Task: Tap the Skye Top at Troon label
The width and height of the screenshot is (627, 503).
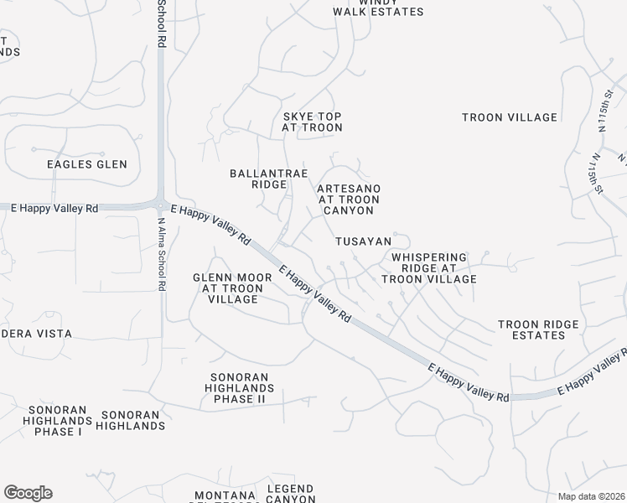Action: click(312, 122)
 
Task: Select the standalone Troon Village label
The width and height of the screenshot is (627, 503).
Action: click(510, 117)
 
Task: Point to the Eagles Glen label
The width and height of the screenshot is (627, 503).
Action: click(87, 164)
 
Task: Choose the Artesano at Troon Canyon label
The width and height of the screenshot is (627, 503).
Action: click(349, 200)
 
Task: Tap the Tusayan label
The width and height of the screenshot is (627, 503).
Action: click(364, 241)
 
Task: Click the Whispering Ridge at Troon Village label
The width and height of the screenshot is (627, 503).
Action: click(429, 268)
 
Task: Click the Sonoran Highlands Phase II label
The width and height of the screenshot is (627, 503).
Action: click(240, 388)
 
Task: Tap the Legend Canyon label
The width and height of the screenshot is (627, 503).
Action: click(290, 494)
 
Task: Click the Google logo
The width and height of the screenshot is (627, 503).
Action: click(28, 493)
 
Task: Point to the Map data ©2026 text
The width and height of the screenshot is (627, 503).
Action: click(592, 496)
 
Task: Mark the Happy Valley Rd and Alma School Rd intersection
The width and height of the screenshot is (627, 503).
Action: click(161, 204)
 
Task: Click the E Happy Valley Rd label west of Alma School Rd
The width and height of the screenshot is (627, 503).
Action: click(50, 208)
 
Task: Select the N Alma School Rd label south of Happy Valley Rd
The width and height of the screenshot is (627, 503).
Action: click(162, 254)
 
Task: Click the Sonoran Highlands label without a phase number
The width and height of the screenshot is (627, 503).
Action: click(130, 420)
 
